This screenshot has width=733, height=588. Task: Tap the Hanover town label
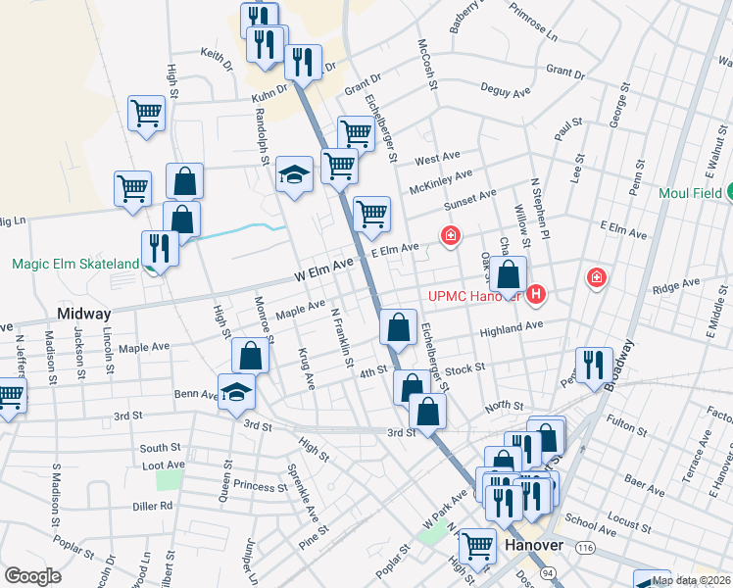click(x=533, y=546)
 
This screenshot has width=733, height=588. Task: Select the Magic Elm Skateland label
click(x=74, y=265)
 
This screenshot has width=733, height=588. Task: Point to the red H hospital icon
click(x=535, y=293)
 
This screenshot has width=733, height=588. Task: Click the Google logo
click(x=32, y=576)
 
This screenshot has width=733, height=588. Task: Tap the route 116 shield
click(x=585, y=546)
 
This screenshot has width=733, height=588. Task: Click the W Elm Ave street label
click(x=321, y=267)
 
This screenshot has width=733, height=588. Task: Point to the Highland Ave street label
click(x=511, y=329)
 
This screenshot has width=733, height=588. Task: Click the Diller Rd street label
click(x=153, y=506)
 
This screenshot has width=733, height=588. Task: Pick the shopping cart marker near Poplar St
click(x=478, y=548)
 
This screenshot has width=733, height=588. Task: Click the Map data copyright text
click(x=691, y=580)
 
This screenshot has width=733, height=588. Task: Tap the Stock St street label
click(x=465, y=368)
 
